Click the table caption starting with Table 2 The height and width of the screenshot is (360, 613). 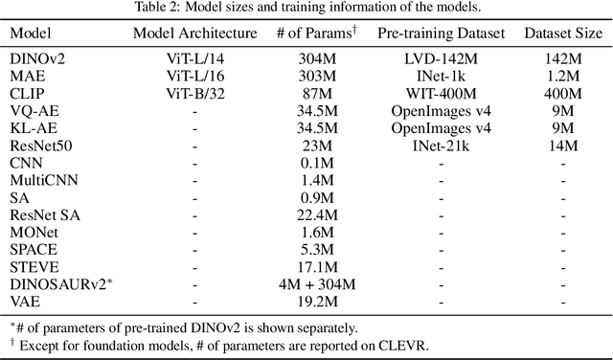pos(306,10)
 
